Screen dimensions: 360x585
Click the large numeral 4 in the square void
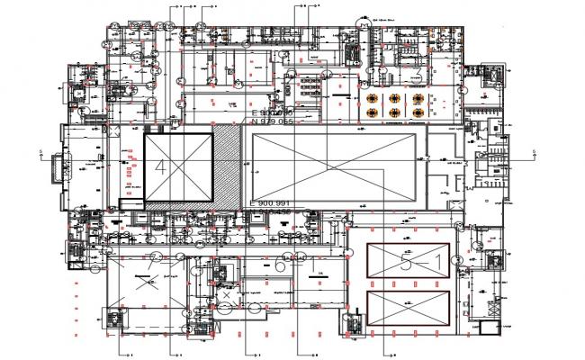161,166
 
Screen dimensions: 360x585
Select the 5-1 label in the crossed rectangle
419,262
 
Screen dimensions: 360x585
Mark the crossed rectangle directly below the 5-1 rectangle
409,309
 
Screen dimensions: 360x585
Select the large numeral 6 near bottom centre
280,267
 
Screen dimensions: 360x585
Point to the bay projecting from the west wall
62,166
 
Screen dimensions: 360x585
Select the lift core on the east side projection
491,76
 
